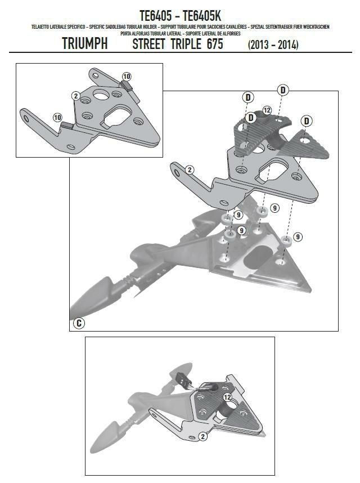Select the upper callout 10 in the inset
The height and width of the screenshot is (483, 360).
coord(126,76)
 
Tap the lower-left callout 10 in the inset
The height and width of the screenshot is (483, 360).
coord(57,117)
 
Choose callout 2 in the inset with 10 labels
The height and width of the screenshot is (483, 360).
coord(75,96)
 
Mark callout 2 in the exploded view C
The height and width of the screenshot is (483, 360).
coord(190,169)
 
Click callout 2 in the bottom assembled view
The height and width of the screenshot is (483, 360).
coord(201,436)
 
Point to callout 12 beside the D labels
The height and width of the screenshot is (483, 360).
coord(267,110)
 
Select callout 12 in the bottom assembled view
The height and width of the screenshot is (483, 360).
coord(228,397)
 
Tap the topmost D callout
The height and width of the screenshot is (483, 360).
coord(283,90)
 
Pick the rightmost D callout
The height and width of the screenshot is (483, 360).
coord(307,120)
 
